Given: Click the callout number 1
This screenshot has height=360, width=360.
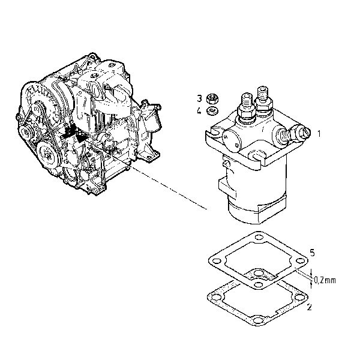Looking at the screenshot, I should [320, 133].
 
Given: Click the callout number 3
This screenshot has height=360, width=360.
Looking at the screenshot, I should [199, 98].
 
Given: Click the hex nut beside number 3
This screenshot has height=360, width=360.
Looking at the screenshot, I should [211, 99].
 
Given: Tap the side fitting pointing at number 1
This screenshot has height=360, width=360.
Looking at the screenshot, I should [298, 133].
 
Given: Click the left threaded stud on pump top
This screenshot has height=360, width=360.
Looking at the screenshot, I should [247, 105].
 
